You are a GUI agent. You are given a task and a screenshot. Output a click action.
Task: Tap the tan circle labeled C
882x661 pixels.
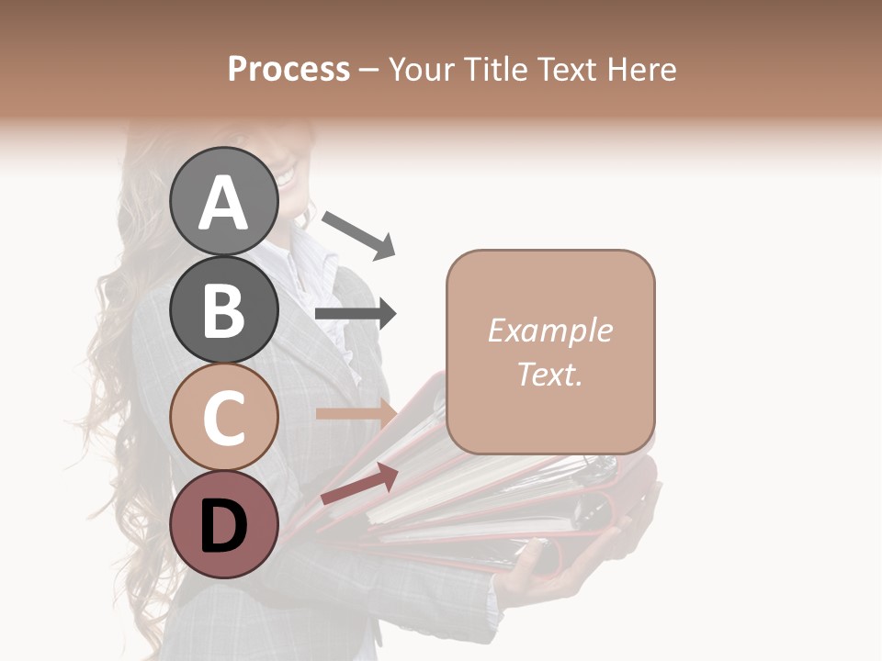(224, 417)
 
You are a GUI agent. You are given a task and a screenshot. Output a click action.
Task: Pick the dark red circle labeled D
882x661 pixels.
(224, 524)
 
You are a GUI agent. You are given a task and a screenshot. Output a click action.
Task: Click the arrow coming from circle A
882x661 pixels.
(358, 233)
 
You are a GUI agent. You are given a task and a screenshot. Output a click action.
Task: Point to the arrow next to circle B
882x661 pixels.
(356, 314)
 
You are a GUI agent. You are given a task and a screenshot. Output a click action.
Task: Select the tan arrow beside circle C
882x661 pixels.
(355, 414)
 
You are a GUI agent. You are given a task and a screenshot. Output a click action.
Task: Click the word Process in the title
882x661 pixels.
(288, 69)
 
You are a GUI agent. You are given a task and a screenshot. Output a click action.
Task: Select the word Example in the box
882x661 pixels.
(549, 330)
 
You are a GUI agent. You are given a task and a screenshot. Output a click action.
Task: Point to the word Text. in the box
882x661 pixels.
(549, 374)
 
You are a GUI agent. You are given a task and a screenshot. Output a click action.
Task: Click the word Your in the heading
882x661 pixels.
(419, 69)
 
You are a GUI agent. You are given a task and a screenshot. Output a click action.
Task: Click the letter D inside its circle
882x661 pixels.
(224, 526)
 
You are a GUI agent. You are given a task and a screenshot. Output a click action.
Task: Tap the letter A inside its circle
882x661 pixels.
(224, 203)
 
